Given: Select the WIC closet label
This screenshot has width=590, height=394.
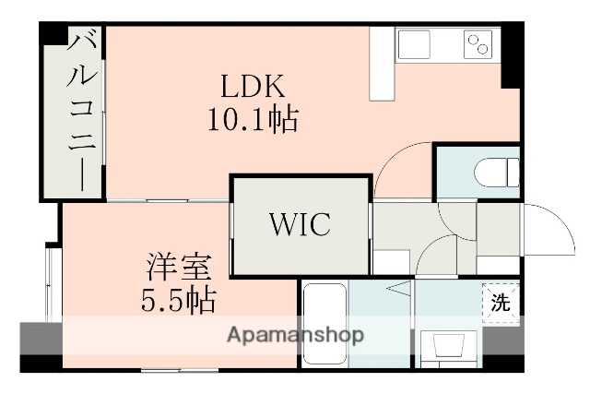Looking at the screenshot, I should point(300,224).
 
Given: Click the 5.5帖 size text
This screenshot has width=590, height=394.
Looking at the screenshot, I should point(180,299).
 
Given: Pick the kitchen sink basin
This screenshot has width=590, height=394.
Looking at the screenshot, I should point(414,44).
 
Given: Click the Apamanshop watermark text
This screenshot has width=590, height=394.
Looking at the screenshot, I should point(295,334).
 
